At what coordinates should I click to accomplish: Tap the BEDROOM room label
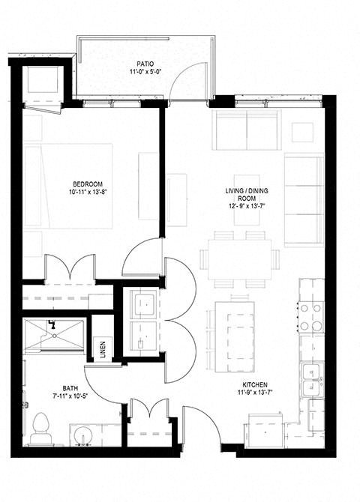point(88,184)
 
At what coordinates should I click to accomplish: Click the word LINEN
point(102,349)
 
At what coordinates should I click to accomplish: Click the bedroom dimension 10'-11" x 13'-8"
point(88,192)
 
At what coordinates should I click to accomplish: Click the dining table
point(240,259)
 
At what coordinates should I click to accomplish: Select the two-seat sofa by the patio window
point(245,129)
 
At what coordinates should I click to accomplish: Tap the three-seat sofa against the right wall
point(304,201)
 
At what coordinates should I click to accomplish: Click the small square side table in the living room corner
point(303,132)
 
